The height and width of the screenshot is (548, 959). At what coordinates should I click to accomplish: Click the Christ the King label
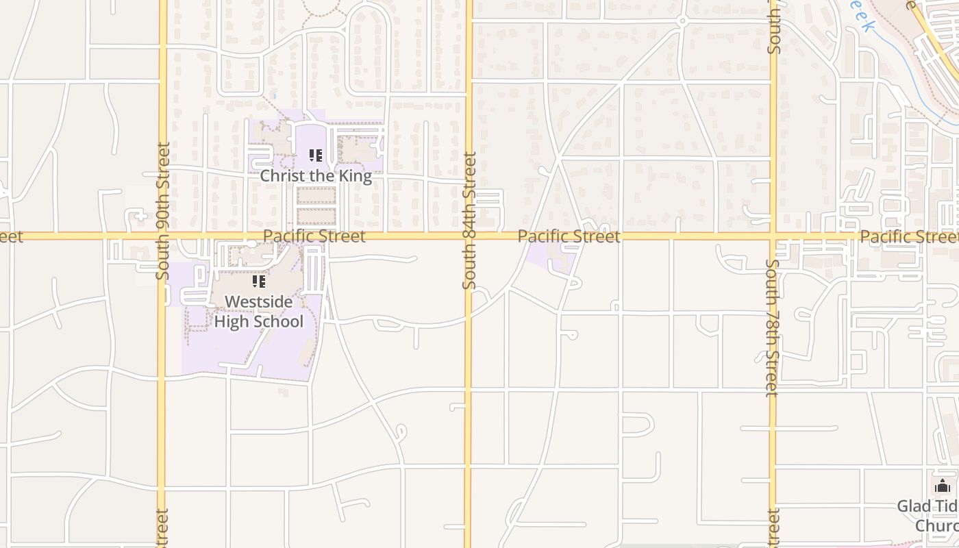pyautogui.click(x=316, y=176)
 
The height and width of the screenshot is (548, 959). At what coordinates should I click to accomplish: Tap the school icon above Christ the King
pyautogui.click(x=315, y=156)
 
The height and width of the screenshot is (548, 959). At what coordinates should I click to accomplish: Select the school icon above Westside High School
pyautogui.click(x=259, y=282)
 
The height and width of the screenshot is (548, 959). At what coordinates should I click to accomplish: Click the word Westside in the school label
pyautogui.click(x=259, y=302)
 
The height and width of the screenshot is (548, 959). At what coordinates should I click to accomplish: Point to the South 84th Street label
pyautogui.click(x=469, y=220)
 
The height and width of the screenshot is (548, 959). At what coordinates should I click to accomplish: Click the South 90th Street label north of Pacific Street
pyautogui.click(x=163, y=210)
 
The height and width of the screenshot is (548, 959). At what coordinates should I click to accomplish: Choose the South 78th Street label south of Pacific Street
pyautogui.click(x=773, y=327)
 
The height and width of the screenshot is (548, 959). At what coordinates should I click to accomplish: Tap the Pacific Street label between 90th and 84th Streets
pyautogui.click(x=314, y=236)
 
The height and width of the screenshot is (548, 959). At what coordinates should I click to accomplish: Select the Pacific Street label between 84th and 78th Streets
pyautogui.click(x=569, y=236)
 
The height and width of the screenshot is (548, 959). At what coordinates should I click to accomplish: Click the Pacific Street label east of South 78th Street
pyautogui.click(x=908, y=236)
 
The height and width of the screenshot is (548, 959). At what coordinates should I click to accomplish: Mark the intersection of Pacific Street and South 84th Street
pyautogui.click(x=469, y=236)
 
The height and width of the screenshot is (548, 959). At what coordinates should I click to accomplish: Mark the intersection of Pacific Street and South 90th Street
pyautogui.click(x=163, y=236)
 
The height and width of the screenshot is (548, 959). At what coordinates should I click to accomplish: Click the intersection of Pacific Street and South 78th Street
pyautogui.click(x=773, y=236)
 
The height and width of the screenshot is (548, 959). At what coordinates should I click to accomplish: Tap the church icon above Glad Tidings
pyautogui.click(x=943, y=486)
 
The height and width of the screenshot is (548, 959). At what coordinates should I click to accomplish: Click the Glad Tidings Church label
pyautogui.click(x=928, y=516)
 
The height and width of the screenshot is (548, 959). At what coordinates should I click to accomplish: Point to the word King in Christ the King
pyautogui.click(x=354, y=176)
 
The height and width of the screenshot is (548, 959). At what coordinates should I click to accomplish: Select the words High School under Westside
pyautogui.click(x=259, y=321)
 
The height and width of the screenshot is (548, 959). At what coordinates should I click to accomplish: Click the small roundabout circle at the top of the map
pyautogui.click(x=682, y=21)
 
